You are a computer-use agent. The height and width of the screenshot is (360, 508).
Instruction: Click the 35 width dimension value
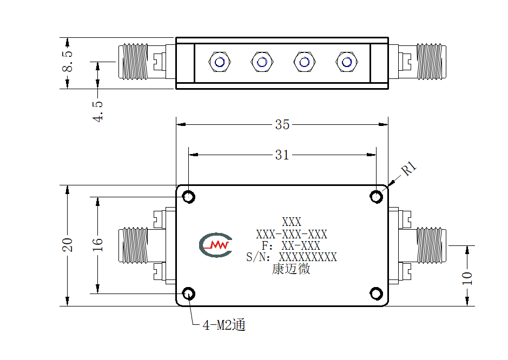pos(282,125)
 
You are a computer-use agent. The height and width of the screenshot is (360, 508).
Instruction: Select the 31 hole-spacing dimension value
pos(282,155)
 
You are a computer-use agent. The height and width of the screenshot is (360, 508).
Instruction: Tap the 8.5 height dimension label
pos(68,61)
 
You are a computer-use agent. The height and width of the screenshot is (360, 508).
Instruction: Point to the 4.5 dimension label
pos(97,111)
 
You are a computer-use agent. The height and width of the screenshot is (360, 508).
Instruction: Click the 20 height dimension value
pos(68,245)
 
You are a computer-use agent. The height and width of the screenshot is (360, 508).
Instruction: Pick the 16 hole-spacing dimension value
pos(97,245)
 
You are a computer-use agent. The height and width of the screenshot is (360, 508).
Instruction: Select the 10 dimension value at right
pos(467,278)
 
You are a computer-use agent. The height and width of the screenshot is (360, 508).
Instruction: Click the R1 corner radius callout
pos(408,169)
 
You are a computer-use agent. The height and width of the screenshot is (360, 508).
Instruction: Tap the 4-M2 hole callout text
pos(224,325)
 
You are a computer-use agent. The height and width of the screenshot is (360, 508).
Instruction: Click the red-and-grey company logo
pos(216,245)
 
